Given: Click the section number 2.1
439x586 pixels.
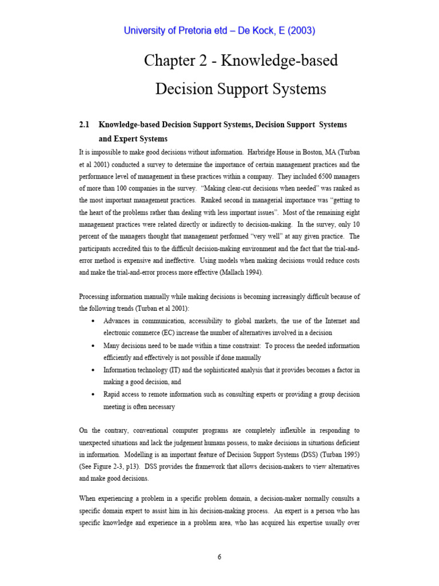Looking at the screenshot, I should (x=85, y=124).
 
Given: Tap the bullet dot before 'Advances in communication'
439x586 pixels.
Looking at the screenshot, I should (x=93, y=321).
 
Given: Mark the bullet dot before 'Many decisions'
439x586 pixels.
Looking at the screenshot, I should (x=93, y=346).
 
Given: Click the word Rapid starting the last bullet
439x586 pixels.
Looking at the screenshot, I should (x=113, y=395).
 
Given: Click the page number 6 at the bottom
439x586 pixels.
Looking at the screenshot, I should (x=219, y=557).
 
